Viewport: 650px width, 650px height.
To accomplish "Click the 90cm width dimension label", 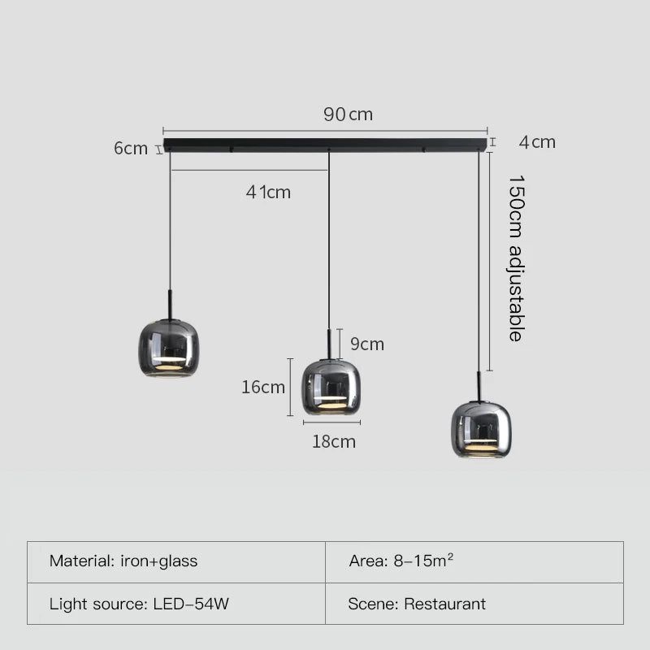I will click(x=348, y=115).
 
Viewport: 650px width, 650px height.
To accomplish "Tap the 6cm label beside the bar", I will click(x=130, y=149).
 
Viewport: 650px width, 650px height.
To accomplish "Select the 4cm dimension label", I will click(x=537, y=142).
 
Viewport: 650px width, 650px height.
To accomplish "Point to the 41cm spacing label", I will click(x=268, y=193).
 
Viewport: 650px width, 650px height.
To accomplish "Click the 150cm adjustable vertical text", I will click(x=516, y=258).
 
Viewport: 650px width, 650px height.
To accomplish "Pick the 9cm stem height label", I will click(x=366, y=344).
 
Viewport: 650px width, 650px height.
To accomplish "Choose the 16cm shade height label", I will click(x=263, y=388).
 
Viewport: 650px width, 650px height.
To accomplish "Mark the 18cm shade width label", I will click(x=334, y=442).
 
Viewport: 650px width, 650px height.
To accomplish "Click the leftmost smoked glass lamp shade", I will click(x=168, y=348).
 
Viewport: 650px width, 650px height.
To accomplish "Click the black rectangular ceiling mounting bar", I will click(x=325, y=145).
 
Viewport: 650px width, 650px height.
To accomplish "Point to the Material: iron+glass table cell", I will click(x=176, y=561).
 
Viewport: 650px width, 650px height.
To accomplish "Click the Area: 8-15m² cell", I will click(x=474, y=561).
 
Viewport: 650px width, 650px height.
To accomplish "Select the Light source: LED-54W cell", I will click(x=176, y=604).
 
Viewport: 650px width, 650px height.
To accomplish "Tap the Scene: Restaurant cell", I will click(x=474, y=604).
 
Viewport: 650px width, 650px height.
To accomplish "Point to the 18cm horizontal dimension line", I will click(x=331, y=422).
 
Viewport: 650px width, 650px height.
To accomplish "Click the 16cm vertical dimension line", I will click(x=291, y=387).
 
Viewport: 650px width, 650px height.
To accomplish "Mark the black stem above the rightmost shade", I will click(x=479, y=385).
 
